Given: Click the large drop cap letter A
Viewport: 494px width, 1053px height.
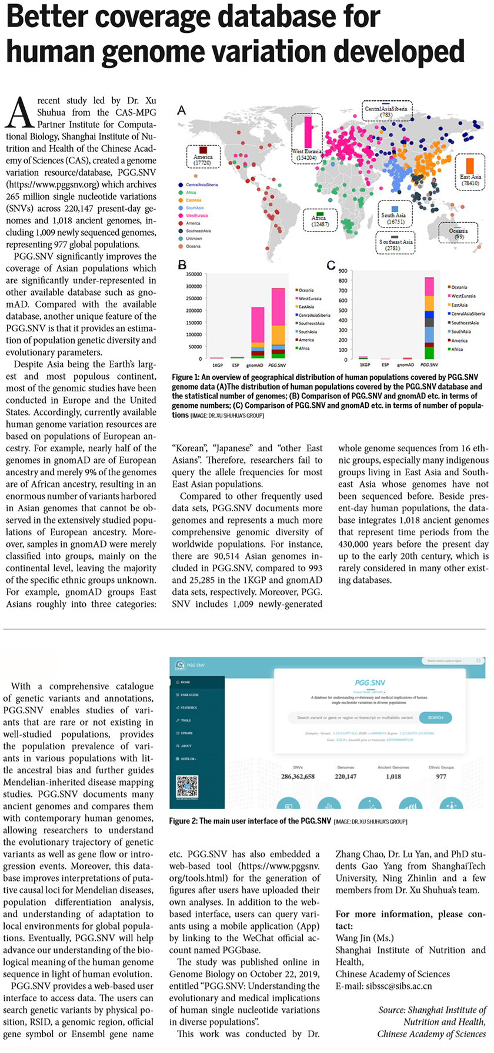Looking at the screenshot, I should [19, 112].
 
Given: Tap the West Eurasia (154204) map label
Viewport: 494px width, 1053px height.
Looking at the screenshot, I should [306, 155].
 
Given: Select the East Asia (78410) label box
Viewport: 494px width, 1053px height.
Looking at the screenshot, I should [469, 180].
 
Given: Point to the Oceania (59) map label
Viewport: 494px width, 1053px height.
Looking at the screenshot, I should [458, 234].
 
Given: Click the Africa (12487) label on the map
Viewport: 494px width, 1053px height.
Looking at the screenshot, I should [320, 221].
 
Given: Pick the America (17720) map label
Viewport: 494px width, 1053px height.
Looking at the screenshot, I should [203, 160].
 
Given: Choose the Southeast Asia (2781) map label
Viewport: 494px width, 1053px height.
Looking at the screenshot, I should [396, 244].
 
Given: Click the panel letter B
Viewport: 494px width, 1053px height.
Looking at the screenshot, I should [182, 265].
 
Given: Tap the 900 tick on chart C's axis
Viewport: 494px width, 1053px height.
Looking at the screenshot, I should [343, 271].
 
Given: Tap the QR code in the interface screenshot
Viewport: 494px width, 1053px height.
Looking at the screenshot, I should [187, 786].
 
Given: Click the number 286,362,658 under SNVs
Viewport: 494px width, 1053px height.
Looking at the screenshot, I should [298, 777].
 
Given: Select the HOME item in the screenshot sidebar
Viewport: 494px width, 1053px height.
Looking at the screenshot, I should [185, 682].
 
